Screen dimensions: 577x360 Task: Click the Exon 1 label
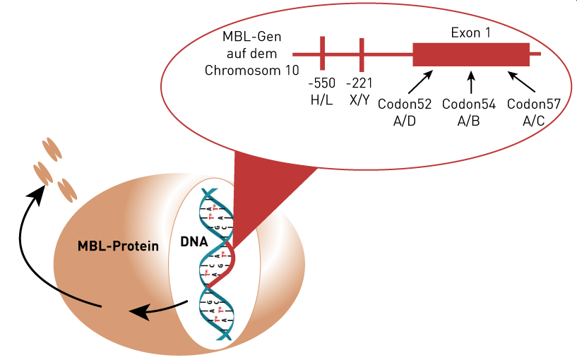tap(470, 32)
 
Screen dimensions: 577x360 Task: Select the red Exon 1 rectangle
tap(471, 54)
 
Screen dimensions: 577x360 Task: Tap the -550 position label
tap(321, 83)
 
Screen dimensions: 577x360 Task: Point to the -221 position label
tap(359, 83)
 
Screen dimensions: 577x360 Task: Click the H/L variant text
tap(321, 100)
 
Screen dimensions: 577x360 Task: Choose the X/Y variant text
tap(359, 100)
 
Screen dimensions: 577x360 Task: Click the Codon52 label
tap(405, 104)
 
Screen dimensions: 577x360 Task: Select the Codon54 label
tap(469, 104)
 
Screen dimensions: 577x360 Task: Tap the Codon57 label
tap(534, 104)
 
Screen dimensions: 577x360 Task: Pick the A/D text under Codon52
tap(405, 121)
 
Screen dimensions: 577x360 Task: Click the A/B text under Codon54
tap(468, 121)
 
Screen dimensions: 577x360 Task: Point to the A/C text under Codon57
tap(534, 121)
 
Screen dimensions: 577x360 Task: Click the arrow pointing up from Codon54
tap(471, 83)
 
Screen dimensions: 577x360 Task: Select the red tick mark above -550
tap(322, 54)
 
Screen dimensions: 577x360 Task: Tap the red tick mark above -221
tap(362, 55)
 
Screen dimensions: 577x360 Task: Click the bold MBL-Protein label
tap(118, 246)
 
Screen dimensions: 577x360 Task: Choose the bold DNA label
tap(194, 241)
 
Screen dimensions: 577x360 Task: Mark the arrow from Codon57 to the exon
tap(521, 82)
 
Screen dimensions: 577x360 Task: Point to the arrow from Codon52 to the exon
tap(420, 82)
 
